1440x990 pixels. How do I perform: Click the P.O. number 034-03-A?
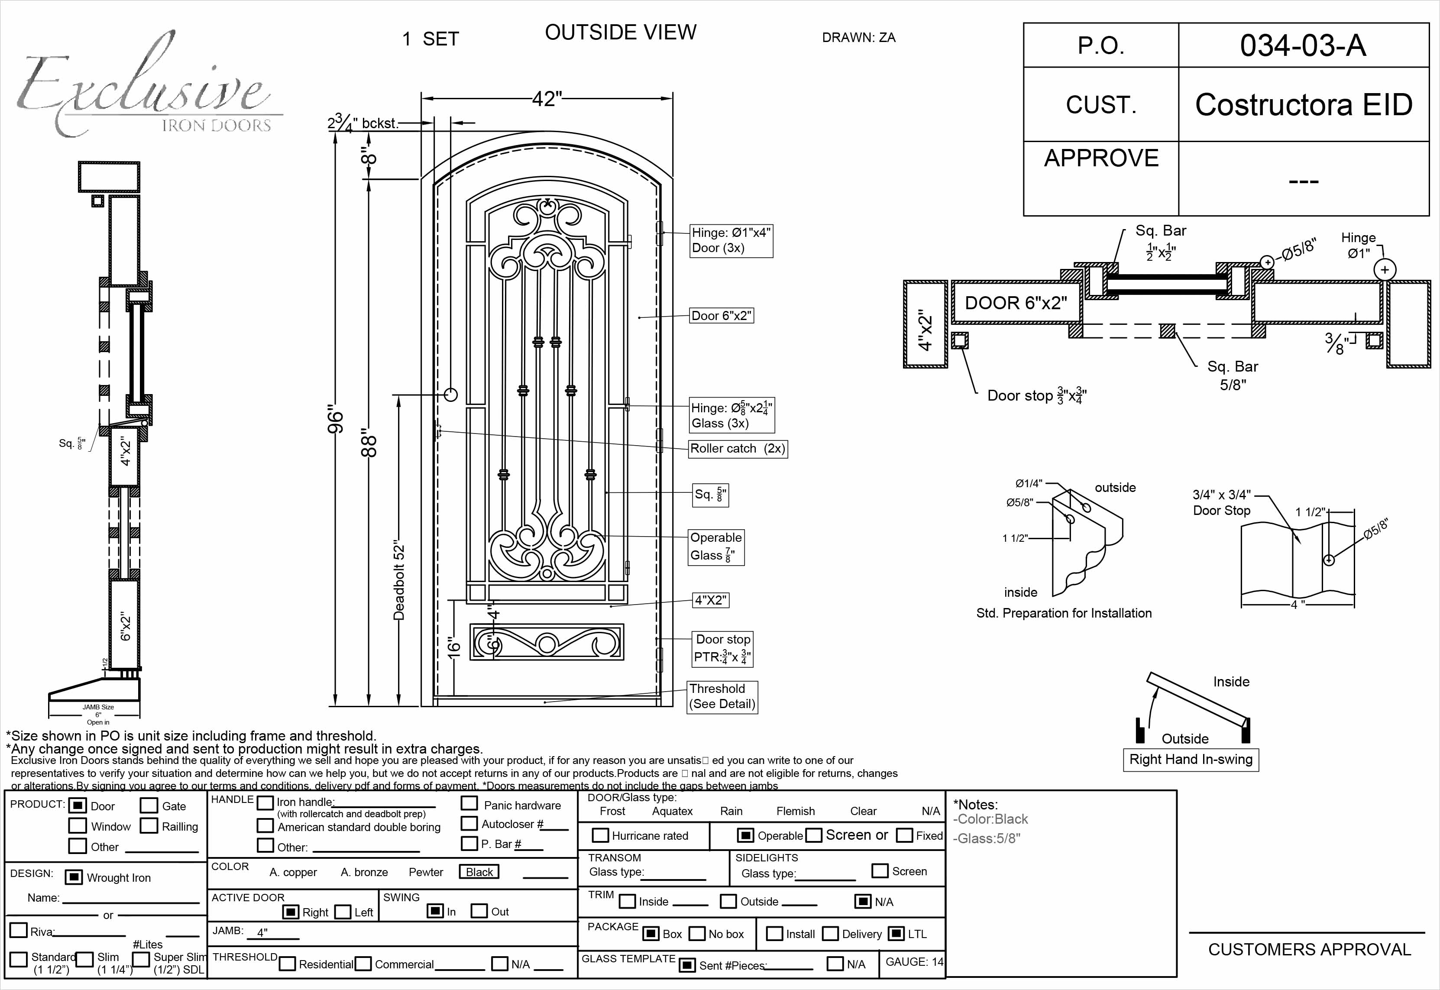coord(1303,45)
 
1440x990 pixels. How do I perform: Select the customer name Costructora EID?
coord(1304,104)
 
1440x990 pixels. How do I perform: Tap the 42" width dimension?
coord(547,99)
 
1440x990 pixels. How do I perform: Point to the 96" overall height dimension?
coord(335,421)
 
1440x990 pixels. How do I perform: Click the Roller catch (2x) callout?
coord(738,449)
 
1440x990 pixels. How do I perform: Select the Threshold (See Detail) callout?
coord(722,696)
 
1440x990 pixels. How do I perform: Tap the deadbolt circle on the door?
coord(451,394)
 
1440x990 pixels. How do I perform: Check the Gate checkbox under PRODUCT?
coord(149,805)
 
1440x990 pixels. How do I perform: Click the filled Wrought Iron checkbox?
coord(74,877)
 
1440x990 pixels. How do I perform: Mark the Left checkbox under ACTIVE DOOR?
coord(342,912)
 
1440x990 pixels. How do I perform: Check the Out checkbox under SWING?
coord(479,911)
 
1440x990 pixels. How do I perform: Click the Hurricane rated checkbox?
coord(600,835)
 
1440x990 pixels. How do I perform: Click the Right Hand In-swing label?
coord(1190,759)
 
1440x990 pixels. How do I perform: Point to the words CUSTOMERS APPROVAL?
coord(1309,949)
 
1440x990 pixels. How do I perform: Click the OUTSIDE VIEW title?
coord(620,32)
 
